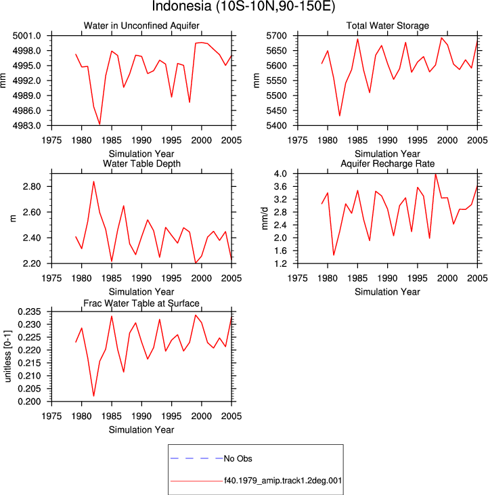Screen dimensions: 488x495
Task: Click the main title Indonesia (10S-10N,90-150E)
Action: tap(244, 6)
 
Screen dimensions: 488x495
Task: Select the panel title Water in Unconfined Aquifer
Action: tap(141, 26)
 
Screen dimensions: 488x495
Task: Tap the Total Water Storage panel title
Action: tap(387, 26)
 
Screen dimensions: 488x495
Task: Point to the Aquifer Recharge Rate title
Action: tap(387, 163)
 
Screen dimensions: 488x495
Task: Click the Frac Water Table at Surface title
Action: tap(141, 303)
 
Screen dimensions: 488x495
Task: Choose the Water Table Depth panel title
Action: tap(141, 163)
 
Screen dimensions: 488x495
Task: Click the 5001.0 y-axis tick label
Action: tap(27, 36)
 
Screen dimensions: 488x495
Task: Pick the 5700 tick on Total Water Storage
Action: tap(277, 36)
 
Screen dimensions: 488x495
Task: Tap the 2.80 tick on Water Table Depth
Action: tap(32, 187)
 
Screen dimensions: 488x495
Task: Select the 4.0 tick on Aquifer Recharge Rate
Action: tap(281, 173)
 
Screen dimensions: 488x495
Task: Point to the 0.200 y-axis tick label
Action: tap(30, 402)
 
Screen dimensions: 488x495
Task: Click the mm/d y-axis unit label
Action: tap(265, 219)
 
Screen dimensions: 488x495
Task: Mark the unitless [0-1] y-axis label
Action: tap(7, 356)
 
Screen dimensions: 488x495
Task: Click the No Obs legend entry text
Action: tap(238, 458)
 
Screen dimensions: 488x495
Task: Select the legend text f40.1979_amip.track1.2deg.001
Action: tap(283, 481)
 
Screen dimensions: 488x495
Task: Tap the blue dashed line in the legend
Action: tap(196, 458)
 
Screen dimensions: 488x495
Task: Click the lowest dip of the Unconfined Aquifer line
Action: tap(99, 125)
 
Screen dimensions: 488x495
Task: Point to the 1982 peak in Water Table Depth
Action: tap(93, 181)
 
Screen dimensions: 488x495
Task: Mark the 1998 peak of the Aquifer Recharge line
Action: tap(435, 174)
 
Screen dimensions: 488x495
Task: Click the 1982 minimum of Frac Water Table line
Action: tap(93, 395)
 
